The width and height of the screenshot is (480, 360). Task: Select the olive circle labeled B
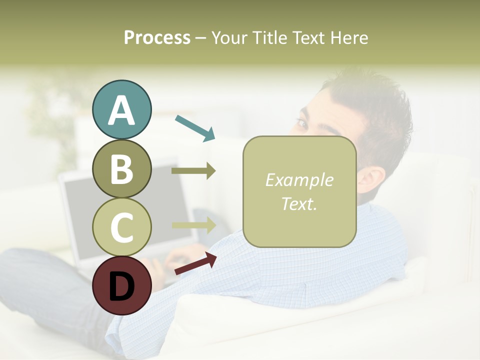[x=121, y=169]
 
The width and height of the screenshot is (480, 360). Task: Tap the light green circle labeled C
[x=121, y=227]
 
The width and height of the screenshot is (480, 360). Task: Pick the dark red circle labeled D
[x=121, y=286]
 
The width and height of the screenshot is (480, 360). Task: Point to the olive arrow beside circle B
[x=193, y=171]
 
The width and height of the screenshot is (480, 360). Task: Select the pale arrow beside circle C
[x=194, y=225]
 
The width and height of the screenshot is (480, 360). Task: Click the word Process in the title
[x=157, y=37]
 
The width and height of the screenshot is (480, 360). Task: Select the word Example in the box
[x=299, y=180]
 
